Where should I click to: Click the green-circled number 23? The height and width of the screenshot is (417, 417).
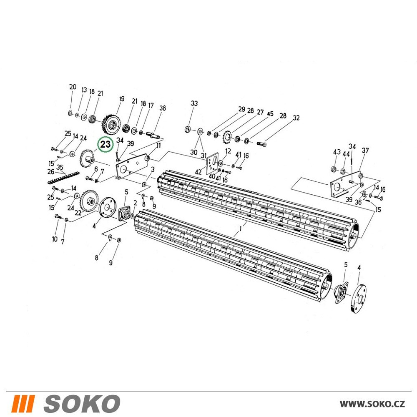(x=106, y=144)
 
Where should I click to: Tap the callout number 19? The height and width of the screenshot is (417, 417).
(x=121, y=99)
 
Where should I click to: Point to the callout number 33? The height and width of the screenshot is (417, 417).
(x=194, y=103)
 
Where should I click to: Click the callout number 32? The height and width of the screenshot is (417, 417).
(x=296, y=118)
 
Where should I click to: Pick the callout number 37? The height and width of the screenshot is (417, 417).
(x=365, y=151)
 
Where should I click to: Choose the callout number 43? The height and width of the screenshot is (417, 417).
(x=337, y=152)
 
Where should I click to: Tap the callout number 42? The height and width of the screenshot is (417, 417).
(x=198, y=172)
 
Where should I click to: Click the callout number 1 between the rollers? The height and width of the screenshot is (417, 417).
(x=241, y=229)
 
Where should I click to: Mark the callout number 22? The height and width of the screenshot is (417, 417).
(x=78, y=213)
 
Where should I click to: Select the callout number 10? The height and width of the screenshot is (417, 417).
(x=55, y=239)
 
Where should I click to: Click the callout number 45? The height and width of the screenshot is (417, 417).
(x=270, y=114)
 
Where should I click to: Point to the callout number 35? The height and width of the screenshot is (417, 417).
(x=60, y=167)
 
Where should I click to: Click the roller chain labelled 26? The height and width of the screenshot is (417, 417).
(x=63, y=178)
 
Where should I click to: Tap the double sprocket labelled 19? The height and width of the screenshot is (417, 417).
(x=112, y=124)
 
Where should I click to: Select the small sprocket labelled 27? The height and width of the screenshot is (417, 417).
(x=227, y=137)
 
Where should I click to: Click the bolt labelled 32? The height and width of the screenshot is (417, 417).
(x=262, y=144)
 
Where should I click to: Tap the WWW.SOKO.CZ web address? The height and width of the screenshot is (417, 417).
(x=372, y=404)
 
